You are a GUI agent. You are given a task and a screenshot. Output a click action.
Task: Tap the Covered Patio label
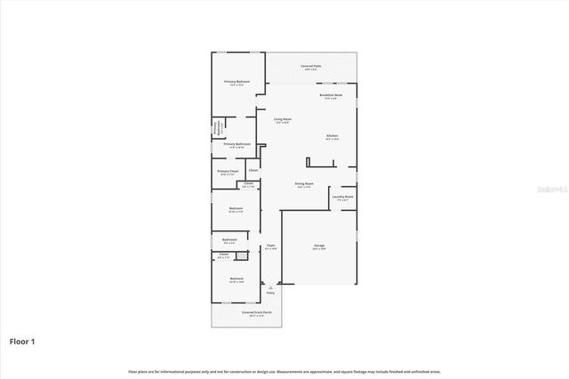point(310,67)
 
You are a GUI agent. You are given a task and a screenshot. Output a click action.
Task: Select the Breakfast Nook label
point(331,96)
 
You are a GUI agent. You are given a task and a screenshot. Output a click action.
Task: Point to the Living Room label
point(282,119)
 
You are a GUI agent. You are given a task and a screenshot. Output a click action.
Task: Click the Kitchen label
point(331,136)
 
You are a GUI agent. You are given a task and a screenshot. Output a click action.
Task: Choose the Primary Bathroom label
point(236,144)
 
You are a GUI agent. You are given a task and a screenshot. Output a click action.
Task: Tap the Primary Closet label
point(228,172)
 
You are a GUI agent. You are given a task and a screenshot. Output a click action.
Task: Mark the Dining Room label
point(304,185)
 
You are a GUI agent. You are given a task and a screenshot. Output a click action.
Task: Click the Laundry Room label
point(342,198)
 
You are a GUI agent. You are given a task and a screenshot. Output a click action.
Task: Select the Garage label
point(319,246)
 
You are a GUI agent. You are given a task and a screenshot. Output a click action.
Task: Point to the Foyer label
point(270,246)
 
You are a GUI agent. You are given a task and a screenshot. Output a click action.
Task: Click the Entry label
point(270,292)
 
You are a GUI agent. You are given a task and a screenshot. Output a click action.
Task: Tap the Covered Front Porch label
point(256,313)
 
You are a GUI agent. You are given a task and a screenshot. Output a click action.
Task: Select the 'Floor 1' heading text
point(22,341)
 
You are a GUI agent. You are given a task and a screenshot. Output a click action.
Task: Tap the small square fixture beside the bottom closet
point(241,256)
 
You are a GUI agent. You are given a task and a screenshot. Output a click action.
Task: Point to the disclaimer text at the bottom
point(284,371)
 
